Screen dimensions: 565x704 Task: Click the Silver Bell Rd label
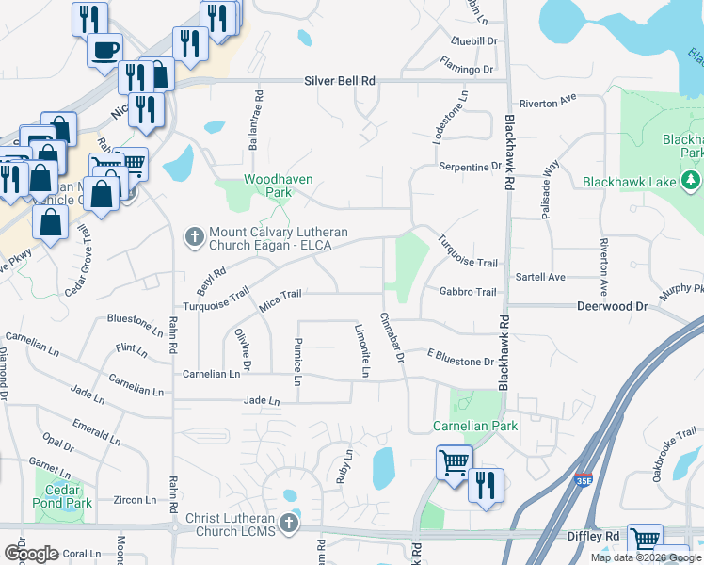[340, 82]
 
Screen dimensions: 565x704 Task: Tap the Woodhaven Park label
[278, 185]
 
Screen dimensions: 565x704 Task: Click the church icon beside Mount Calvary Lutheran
[195, 236]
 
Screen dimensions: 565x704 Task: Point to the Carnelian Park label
[475, 427]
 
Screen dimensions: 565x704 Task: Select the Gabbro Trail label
[468, 292]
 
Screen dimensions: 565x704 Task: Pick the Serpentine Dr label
[471, 167]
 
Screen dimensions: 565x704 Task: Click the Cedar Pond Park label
[64, 497]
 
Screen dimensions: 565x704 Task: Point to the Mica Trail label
[280, 295]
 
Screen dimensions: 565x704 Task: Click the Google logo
[32, 553]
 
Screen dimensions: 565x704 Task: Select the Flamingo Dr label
[466, 70]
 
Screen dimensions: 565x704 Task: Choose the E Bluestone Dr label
[460, 362]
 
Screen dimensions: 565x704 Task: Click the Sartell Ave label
[540, 278]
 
